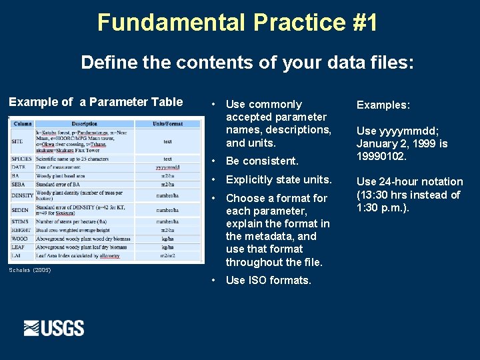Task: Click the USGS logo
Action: pyautogui.click(x=54, y=328)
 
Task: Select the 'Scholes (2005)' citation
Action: pyautogui.click(x=29, y=270)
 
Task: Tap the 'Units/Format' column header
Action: pyautogui.click(x=167, y=123)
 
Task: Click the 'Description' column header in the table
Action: pyautogui.click(x=84, y=123)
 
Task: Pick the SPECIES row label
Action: pyautogui.click(x=22, y=159)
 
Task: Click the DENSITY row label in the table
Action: pyautogui.click(x=23, y=195)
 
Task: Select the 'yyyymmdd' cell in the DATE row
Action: pyautogui.click(x=167, y=167)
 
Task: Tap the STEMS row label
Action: pyautogui.click(x=20, y=221)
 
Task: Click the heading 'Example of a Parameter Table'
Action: pyautogui.click(x=95, y=102)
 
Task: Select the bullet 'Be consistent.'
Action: pyautogui.click(x=262, y=161)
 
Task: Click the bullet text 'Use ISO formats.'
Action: pyautogui.click(x=268, y=280)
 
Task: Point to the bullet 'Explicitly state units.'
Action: pyautogui.click(x=279, y=179)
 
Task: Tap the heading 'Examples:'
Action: pyautogui.click(x=383, y=105)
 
